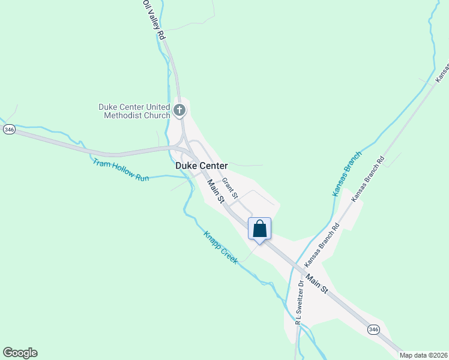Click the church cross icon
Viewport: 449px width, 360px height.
[179, 110]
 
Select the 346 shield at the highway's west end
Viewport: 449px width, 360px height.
[8, 130]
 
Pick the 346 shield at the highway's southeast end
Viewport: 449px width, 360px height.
[373, 329]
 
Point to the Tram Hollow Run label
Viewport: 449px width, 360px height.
[120, 170]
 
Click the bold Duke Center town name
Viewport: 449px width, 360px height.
[201, 165]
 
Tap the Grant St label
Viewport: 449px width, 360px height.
[230, 188]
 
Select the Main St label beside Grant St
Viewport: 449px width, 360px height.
[215, 191]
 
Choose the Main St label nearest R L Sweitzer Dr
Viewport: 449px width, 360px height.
[316, 284]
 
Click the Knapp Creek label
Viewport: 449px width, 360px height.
[220, 247]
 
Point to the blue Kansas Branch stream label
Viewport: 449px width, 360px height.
[348, 174]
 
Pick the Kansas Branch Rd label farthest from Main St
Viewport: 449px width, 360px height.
[367, 179]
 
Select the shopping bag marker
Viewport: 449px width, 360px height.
[259, 229]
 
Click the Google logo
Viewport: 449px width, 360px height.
[20, 353]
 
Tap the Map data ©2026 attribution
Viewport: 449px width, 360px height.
[423, 355]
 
